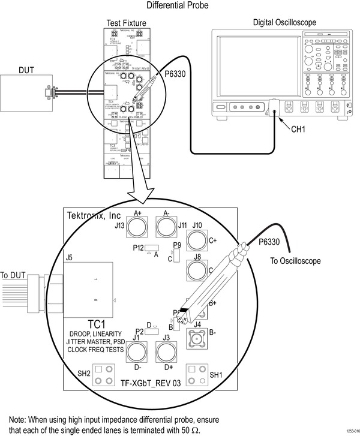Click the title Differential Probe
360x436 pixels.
pyautogui.click(x=179, y=6)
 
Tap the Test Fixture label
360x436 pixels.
pyautogui.click(x=126, y=23)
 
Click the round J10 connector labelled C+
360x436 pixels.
pyautogui.click(x=197, y=241)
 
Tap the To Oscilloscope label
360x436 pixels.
pyautogui.click(x=296, y=261)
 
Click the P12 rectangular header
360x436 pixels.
pyautogui.click(x=152, y=247)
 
